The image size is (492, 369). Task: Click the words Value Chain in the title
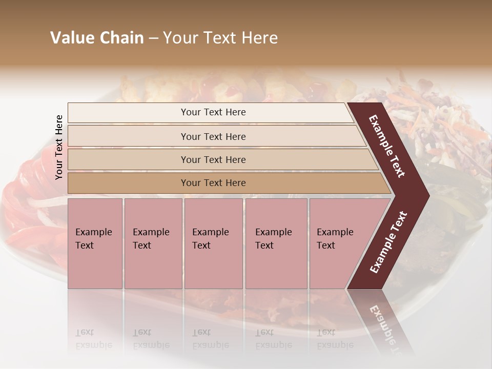point(97,38)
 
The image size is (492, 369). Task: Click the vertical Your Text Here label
point(59,147)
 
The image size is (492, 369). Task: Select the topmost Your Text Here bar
point(213,112)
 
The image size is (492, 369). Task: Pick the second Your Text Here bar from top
point(213,136)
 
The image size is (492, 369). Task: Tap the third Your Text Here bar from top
point(213,159)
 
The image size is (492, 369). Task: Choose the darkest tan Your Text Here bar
point(213,183)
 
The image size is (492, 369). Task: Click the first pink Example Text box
point(95,243)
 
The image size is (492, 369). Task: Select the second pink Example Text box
point(153,243)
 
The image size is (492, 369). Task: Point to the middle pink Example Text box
point(213,243)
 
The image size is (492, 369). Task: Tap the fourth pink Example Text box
point(276,243)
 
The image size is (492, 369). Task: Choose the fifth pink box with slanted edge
point(338,243)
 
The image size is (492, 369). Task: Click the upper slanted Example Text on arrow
point(387,146)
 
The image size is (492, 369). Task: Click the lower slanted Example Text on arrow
point(388,242)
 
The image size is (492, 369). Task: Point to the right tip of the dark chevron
point(427,195)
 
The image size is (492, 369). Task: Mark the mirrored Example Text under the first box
point(93,339)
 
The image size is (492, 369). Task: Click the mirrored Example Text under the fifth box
point(335,339)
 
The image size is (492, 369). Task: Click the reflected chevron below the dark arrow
point(382,323)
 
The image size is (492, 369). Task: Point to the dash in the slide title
point(153,38)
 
